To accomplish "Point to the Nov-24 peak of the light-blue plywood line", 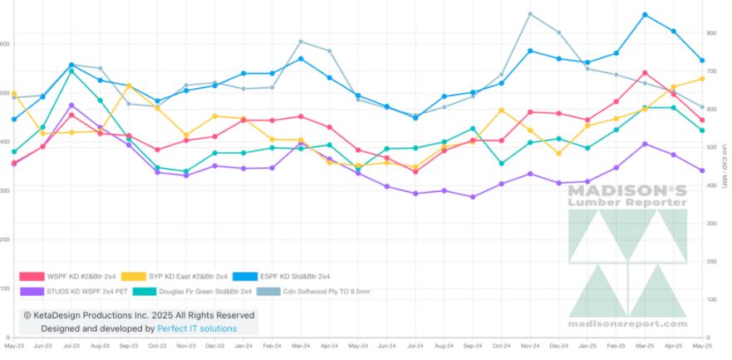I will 530,14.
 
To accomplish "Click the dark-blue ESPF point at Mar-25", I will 645,15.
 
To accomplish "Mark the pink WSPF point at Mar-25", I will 645,73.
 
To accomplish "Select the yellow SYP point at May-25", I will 702,78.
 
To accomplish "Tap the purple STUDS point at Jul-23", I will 71,106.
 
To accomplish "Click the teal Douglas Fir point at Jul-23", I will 71,72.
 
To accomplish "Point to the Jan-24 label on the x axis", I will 243,344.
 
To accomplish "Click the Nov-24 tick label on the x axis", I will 530,344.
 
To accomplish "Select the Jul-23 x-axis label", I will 71,344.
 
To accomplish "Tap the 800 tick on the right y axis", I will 711,33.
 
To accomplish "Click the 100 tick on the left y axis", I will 5,288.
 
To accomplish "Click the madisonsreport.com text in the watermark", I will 627,323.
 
